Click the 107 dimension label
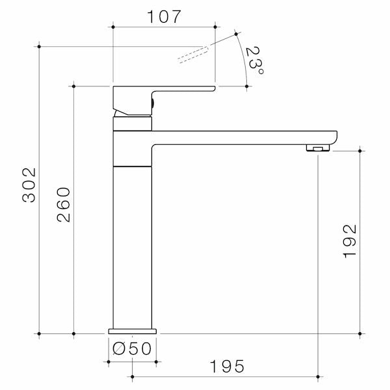tap(164, 17)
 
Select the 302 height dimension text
tap(29, 185)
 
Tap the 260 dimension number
tap(64, 205)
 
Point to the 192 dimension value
tap(350, 241)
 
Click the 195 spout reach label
tap(227, 366)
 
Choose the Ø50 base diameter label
tap(132, 348)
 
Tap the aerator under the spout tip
tap(318, 148)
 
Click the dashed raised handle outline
tap(193, 55)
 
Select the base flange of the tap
tap(133, 331)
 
